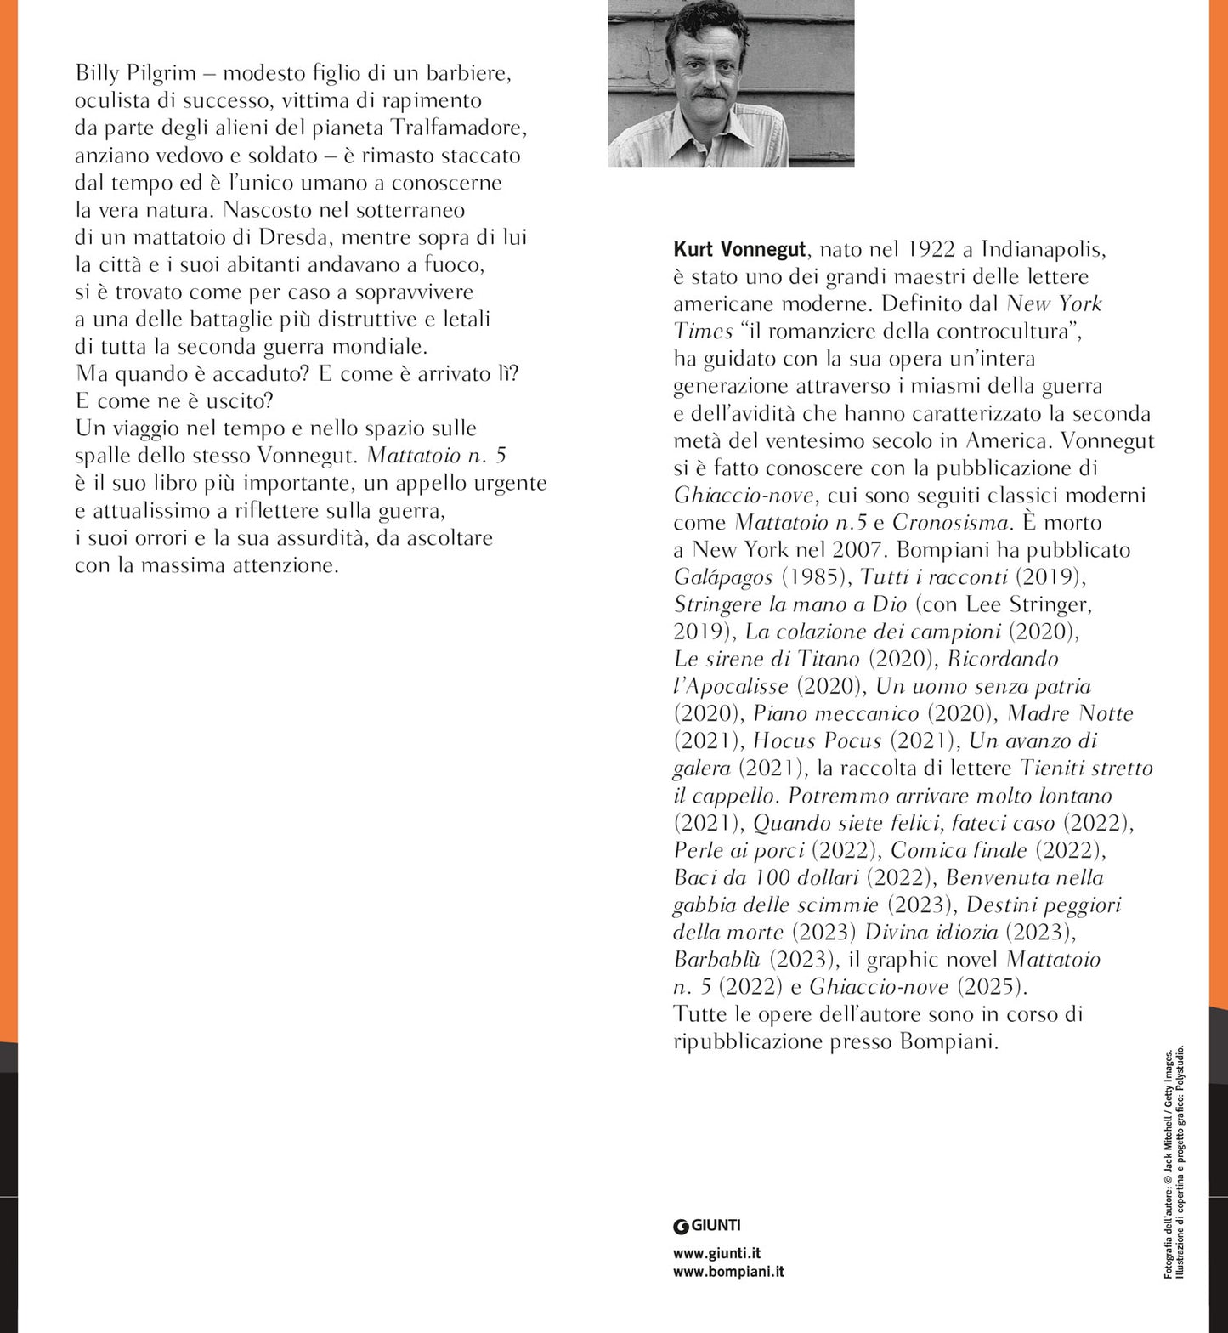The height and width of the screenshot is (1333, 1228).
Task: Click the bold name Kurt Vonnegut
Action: coord(739,249)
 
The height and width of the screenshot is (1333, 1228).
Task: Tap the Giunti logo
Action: coord(706,1225)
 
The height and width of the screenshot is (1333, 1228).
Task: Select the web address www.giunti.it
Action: coord(716,1253)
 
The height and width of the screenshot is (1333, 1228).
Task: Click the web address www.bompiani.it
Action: coord(728,1272)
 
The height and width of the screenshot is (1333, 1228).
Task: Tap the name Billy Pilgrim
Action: coord(135,73)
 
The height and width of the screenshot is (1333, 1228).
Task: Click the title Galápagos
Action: coord(723,576)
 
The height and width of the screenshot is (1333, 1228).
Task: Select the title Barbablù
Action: coord(717,959)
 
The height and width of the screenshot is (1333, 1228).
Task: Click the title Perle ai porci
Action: coord(738,850)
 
